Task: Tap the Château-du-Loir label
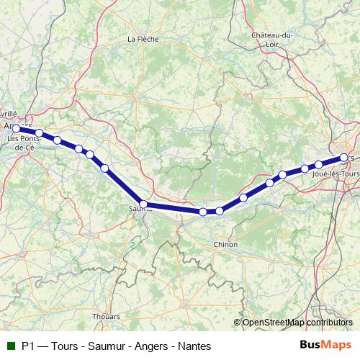point(272,39)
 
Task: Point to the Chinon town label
point(225,245)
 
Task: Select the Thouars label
point(106,316)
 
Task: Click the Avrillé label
point(8,114)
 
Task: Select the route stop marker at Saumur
point(143,204)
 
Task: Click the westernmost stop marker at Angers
point(17,129)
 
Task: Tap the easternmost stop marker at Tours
point(344,157)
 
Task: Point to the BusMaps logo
point(326,345)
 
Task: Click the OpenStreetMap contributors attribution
point(297,323)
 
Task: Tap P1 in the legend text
point(29,346)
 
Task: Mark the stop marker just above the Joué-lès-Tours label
point(318,165)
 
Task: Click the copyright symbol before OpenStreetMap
point(238,323)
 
